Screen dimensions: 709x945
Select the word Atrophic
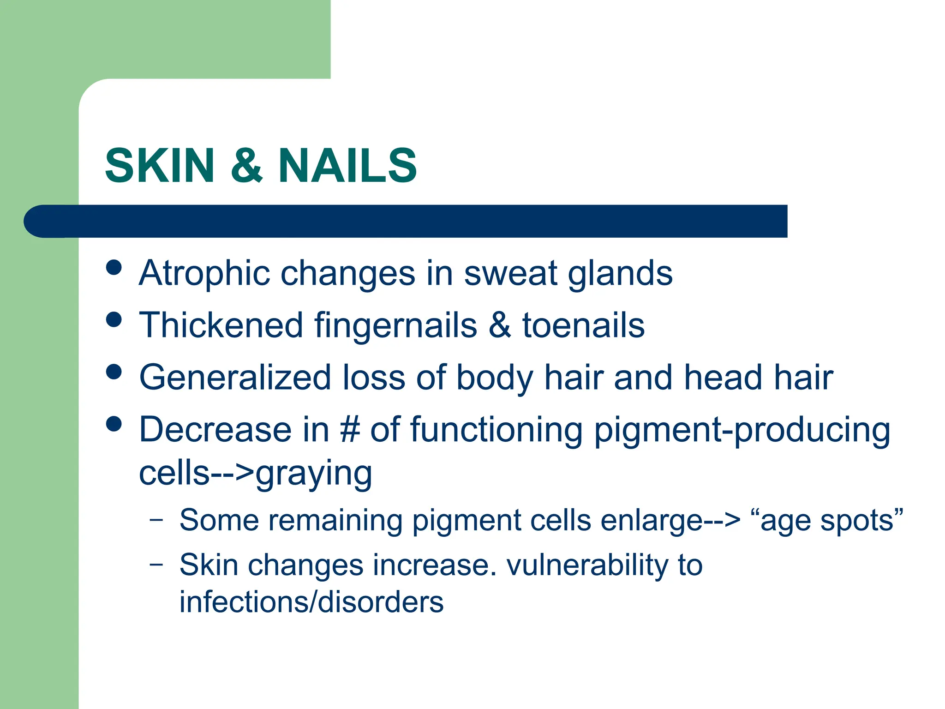[204, 273]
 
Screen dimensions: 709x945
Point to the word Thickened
[221, 325]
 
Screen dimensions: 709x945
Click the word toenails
[583, 325]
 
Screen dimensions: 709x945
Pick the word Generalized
[235, 378]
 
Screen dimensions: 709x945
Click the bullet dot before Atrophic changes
[114, 267]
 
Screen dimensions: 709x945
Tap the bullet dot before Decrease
[114, 424]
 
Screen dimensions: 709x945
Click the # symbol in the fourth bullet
[350, 430]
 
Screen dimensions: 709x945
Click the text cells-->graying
[255, 474]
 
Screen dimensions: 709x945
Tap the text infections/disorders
[311, 602]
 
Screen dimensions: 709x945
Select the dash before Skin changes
[156, 564]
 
